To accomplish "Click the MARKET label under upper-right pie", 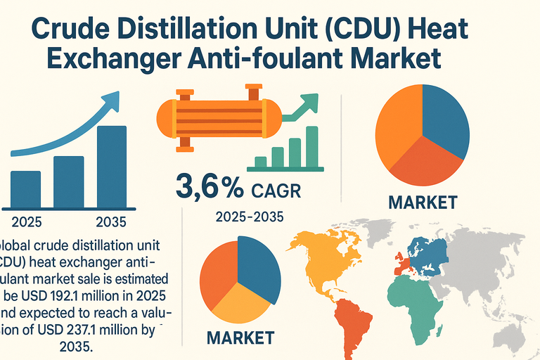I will pyautogui.click(x=423, y=204).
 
